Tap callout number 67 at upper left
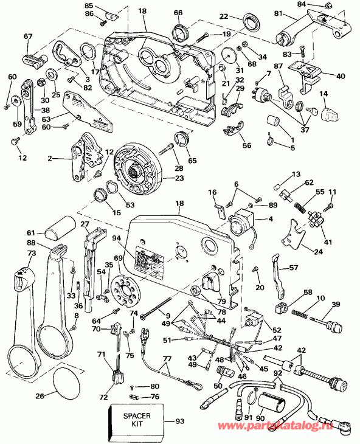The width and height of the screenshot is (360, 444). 28,36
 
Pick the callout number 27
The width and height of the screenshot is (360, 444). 85,224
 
